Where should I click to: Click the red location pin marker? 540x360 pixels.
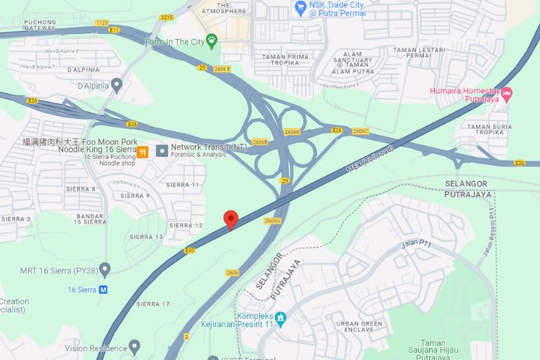230,219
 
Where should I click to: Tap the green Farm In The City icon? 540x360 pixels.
212,40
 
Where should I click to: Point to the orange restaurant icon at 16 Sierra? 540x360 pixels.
143,152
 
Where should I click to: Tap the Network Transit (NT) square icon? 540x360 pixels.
162,149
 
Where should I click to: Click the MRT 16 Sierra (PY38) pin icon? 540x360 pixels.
105,270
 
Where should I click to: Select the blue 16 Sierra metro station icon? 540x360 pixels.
104,289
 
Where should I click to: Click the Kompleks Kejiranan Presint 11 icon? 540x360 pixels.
281,318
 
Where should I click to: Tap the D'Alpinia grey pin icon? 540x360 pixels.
117,86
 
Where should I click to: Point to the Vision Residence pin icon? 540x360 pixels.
134,348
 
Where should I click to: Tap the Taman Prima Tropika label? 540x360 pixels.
286,60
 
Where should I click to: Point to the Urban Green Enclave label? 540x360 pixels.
364,328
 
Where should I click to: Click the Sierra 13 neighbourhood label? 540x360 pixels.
146,236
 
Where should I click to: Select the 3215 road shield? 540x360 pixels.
167,17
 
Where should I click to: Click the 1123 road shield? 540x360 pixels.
102,23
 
